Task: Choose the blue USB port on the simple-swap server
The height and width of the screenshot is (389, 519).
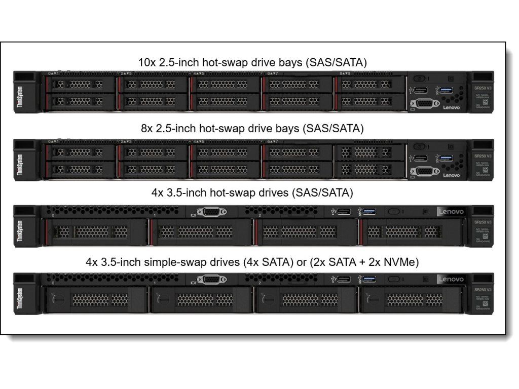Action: [x=369, y=279]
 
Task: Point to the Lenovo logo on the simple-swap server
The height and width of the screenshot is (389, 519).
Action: [x=451, y=279]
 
